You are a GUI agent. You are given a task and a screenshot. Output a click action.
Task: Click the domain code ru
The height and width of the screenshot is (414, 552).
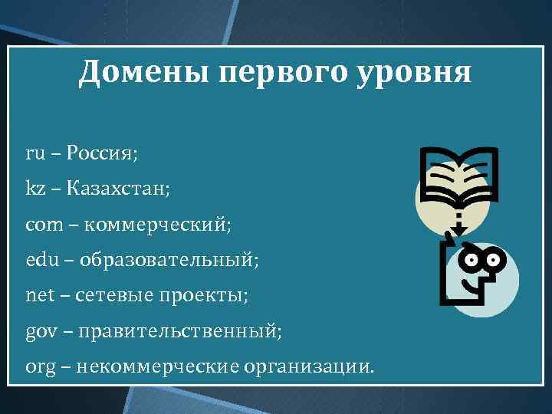(x=35, y=153)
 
